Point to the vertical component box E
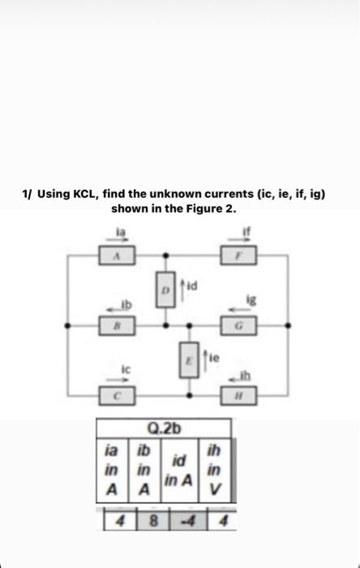(190, 359)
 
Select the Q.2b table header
(163, 428)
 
